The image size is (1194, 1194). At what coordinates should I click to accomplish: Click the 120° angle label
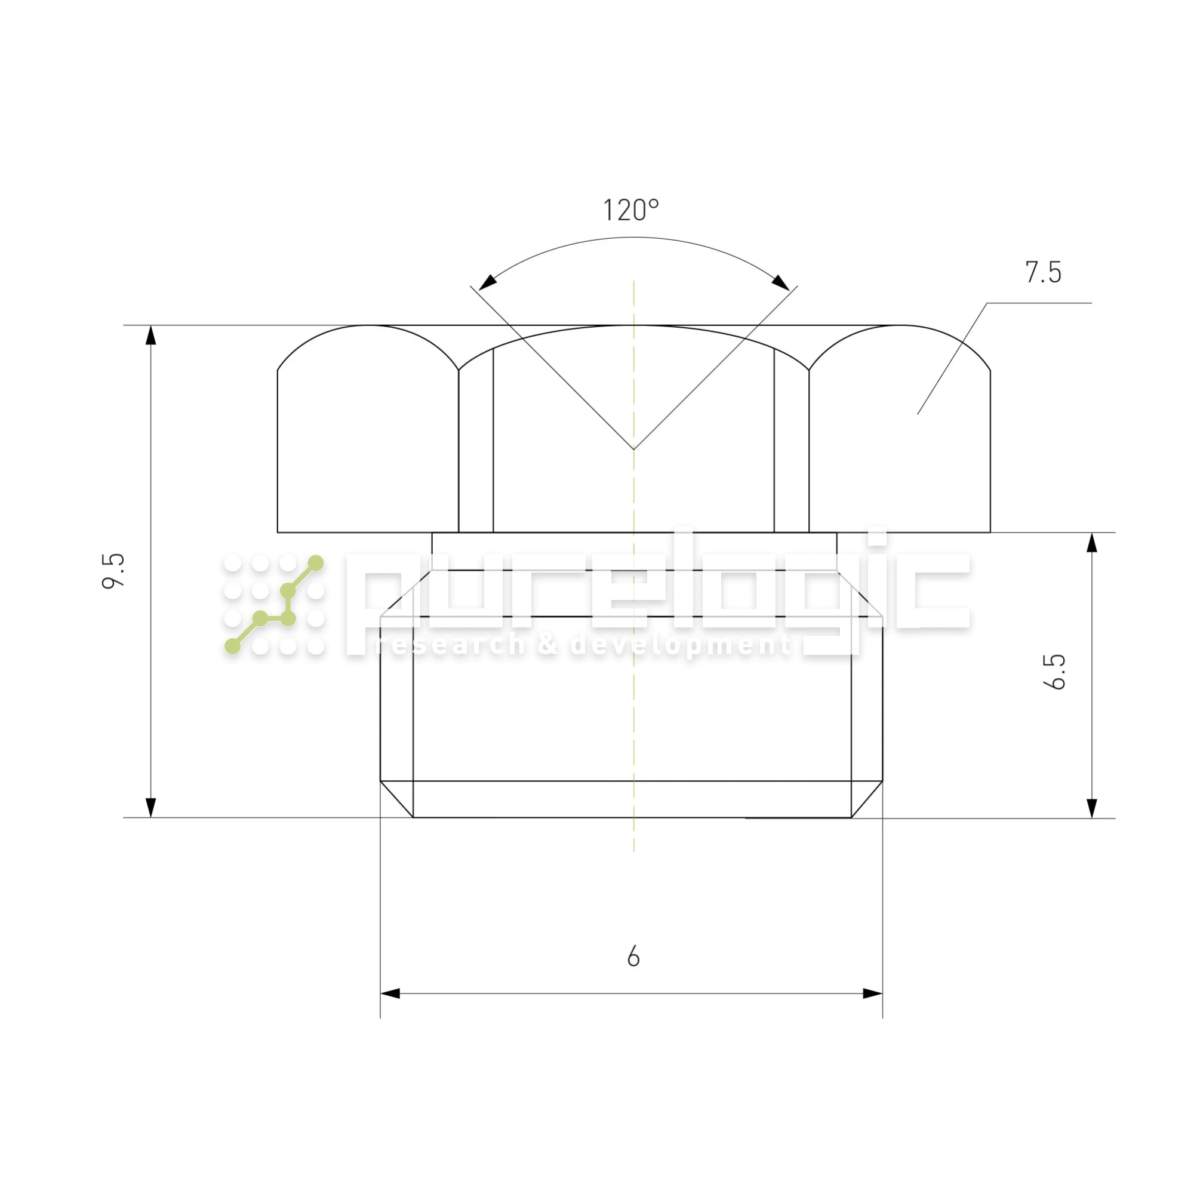click(x=631, y=210)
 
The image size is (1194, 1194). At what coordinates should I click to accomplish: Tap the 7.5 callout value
click(x=1043, y=273)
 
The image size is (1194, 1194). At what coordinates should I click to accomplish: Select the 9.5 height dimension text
click(x=113, y=571)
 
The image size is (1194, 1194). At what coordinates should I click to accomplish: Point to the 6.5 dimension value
click(x=1054, y=671)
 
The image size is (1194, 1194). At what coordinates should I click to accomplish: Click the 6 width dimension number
click(x=633, y=956)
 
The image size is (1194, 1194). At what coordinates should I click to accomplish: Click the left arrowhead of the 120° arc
click(x=488, y=282)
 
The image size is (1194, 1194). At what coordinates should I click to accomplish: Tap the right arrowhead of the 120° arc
click(x=780, y=282)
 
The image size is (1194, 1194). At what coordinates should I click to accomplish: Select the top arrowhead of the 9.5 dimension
click(x=151, y=335)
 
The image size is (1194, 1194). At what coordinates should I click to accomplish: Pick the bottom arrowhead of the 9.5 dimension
click(x=151, y=808)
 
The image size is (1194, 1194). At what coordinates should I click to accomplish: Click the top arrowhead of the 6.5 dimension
click(x=1092, y=543)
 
